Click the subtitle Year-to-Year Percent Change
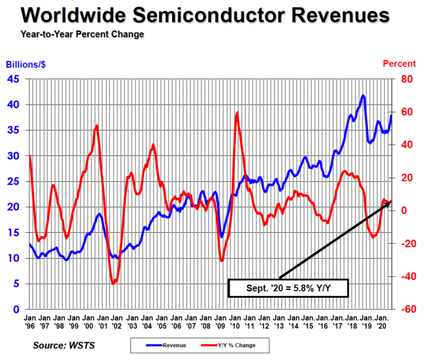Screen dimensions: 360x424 (x=82, y=34)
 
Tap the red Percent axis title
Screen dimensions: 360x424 (x=399, y=64)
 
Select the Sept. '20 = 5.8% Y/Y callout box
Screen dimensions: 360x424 (x=288, y=289)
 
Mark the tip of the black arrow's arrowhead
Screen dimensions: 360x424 (x=390, y=202)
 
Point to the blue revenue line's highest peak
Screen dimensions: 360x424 (x=363, y=95)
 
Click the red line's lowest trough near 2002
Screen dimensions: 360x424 (x=113, y=284)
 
